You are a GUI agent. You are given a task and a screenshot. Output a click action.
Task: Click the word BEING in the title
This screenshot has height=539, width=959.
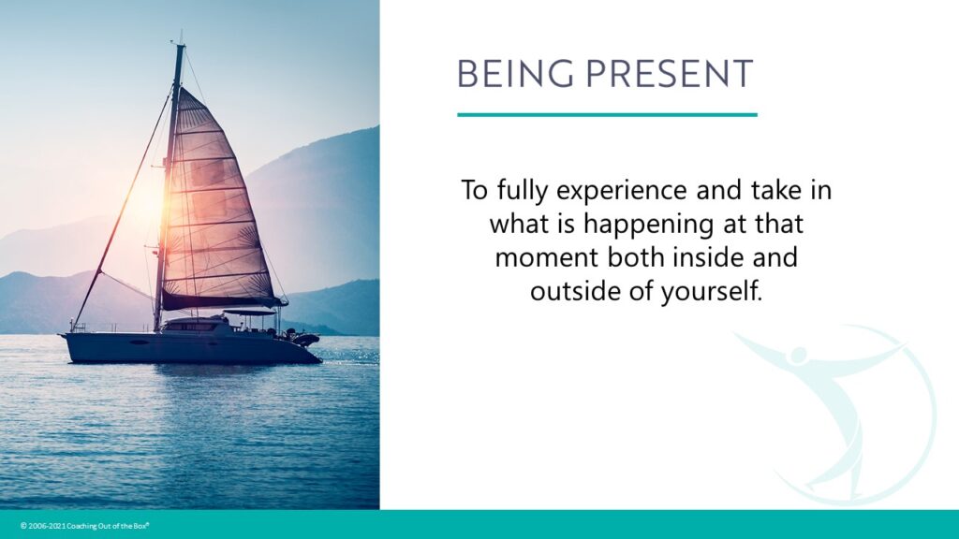tap(515, 74)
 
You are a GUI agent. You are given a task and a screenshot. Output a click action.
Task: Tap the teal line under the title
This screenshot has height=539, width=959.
tap(607, 114)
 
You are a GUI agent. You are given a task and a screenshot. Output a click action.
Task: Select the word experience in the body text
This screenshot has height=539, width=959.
tap(623, 191)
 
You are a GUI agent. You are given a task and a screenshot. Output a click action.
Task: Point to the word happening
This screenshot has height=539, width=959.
tap(648, 225)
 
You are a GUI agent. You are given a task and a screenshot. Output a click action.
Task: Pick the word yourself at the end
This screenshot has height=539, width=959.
tap(712, 291)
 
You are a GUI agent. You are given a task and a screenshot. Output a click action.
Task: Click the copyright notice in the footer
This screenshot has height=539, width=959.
tap(85, 526)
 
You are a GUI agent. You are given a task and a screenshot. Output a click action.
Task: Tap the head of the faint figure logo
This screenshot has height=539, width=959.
tap(799, 355)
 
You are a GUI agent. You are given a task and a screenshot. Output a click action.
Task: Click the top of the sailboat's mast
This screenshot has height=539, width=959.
tap(181, 45)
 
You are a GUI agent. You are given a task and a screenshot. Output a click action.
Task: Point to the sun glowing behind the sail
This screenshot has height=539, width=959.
tap(149, 197)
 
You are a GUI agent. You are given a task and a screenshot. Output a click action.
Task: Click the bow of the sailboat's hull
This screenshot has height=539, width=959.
tap(64, 336)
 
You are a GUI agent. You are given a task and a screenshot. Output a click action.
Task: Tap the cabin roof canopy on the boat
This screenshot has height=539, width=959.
tap(251, 312)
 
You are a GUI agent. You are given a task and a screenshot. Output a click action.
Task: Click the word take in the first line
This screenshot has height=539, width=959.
tap(776, 190)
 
